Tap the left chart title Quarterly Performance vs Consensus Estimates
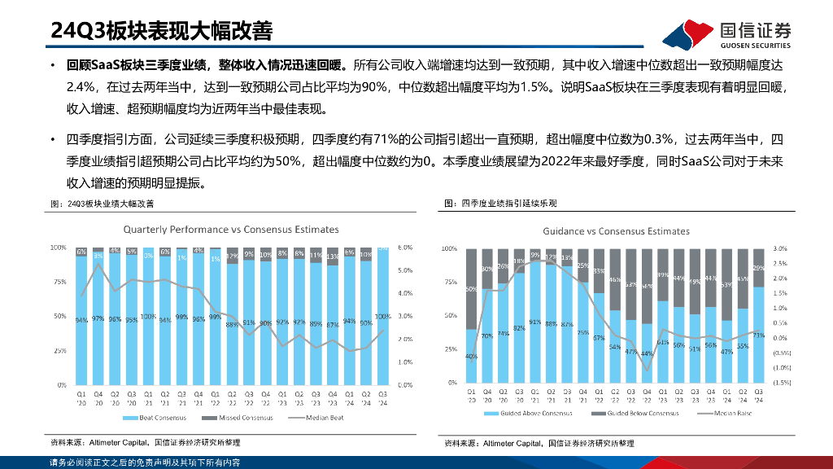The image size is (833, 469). [x=231, y=230]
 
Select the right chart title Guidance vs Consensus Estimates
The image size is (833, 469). [x=616, y=231]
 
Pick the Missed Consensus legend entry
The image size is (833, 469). [x=241, y=418]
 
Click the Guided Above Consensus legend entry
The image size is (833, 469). [x=535, y=413]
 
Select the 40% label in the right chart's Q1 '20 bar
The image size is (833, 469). [x=471, y=357]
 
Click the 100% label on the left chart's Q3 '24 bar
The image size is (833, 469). [x=383, y=316]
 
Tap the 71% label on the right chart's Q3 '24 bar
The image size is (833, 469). [x=757, y=335]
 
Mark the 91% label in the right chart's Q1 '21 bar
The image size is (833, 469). [x=534, y=322]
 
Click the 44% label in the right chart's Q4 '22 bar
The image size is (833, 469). [x=646, y=353]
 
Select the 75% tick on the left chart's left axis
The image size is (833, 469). [x=59, y=281]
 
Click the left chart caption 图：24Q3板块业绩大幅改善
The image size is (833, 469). [x=102, y=204]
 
